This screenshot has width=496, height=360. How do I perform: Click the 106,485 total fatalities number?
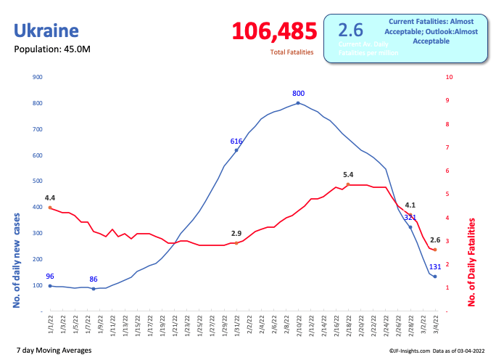click(275, 31)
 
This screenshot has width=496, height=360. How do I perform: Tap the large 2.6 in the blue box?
click(351, 30)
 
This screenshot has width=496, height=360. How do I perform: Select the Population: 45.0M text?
click(53, 49)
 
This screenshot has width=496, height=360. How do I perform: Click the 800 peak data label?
click(298, 94)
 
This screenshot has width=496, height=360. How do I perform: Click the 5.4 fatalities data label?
click(348, 175)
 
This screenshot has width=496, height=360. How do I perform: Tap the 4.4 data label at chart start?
click(50, 197)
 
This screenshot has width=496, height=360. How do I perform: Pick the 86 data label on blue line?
click(94, 279)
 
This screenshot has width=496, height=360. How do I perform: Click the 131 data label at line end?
click(435, 266)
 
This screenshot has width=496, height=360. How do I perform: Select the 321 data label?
click(410, 217)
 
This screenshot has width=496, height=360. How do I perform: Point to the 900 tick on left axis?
click(38, 77)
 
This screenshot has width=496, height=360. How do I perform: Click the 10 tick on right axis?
click(450, 77)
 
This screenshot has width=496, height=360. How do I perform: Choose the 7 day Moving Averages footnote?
click(53, 350)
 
